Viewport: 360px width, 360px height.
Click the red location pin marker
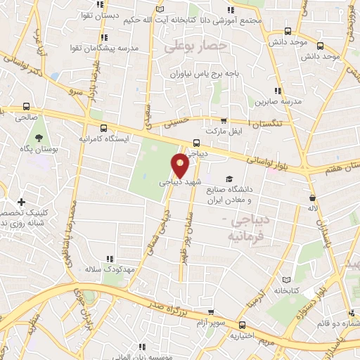(181, 165)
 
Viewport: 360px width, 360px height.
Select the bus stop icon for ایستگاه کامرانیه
(104, 128)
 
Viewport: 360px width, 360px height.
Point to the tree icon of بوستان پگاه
(39, 130)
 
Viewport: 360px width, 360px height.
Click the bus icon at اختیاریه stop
(242, 326)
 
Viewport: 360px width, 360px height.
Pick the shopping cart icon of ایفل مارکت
(224, 121)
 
